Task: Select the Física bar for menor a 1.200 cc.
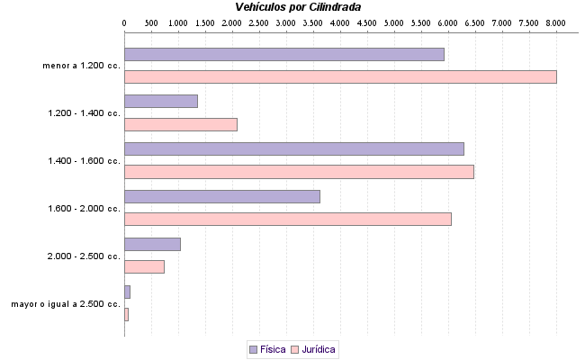click(283, 54)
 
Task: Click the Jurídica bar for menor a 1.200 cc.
click(340, 76)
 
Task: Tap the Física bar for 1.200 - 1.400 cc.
click(160, 102)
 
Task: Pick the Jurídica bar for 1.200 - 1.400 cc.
click(180, 124)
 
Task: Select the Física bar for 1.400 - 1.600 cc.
click(293, 149)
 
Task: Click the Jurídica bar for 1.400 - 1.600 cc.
click(299, 172)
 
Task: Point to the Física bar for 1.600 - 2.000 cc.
click(221, 196)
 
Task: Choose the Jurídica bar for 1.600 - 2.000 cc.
click(287, 219)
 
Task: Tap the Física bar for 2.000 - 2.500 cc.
click(152, 244)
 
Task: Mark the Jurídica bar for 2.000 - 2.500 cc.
click(144, 266)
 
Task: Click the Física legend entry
click(267, 348)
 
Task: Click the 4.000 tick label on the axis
click(339, 21)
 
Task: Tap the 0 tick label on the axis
click(124, 21)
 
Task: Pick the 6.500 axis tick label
click(474, 21)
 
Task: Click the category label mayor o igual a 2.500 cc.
click(66, 304)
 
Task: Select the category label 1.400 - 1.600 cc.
click(84, 161)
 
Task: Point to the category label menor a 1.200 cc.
click(81, 66)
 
